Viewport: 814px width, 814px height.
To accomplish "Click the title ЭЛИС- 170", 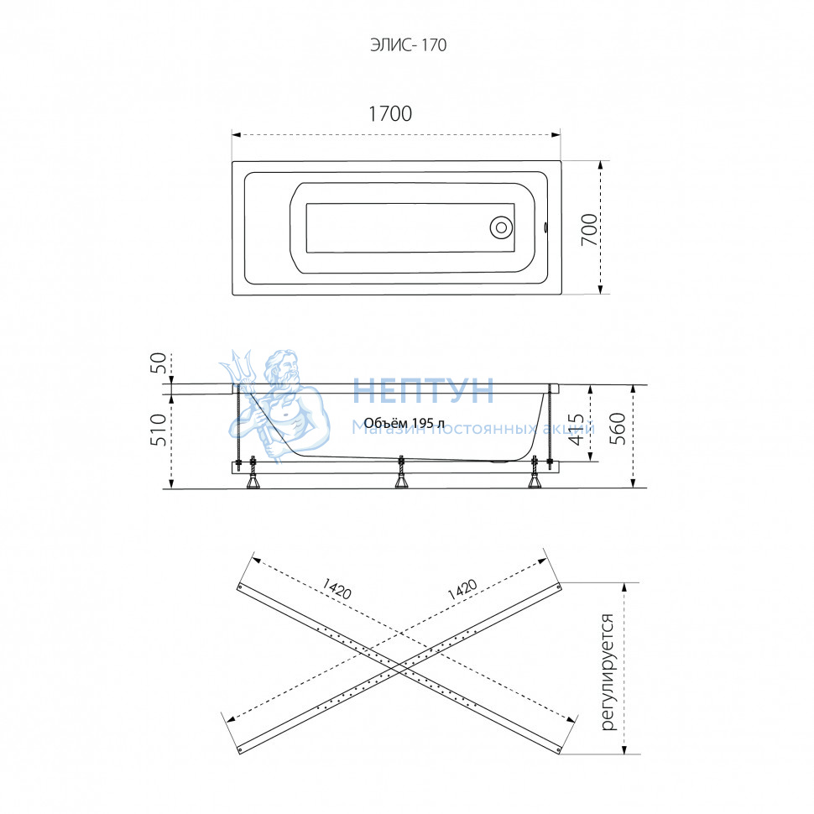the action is click(x=408, y=45).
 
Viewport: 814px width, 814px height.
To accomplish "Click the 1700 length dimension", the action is click(x=390, y=113).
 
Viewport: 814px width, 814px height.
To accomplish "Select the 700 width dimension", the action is click(x=589, y=229).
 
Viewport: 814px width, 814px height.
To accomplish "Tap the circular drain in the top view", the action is click(x=501, y=227).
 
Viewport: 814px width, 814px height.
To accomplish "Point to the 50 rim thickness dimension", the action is click(x=159, y=363).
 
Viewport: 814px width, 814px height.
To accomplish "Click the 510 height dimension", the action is click(x=159, y=430).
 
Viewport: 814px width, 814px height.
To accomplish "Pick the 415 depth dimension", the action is click(x=577, y=429).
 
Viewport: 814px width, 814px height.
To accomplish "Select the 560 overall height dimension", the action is click(x=618, y=428).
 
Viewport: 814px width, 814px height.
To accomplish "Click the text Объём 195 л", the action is click(x=404, y=423).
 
